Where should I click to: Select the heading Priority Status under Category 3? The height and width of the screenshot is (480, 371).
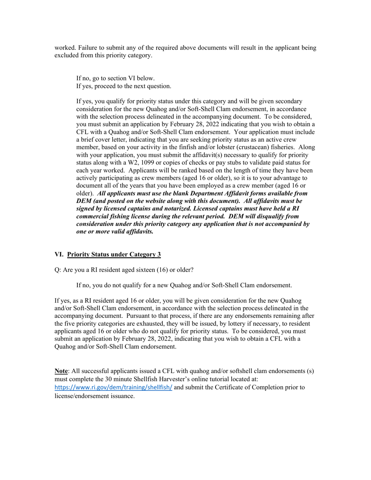[114, 254]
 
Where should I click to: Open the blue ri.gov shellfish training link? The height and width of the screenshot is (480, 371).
[113, 388]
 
